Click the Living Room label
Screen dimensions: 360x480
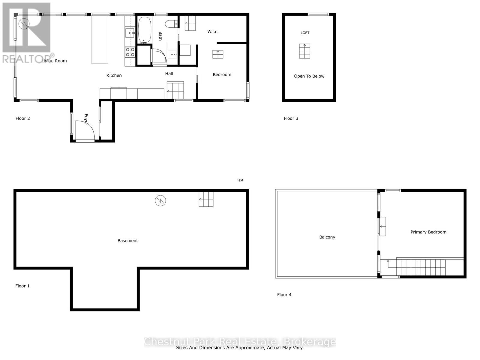(x=54, y=61)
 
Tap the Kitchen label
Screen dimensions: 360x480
(x=114, y=76)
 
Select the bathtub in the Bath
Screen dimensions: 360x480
(x=145, y=30)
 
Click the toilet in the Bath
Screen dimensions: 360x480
(x=171, y=24)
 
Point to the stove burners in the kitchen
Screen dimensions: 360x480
(x=130, y=52)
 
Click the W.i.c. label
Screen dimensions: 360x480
(x=213, y=32)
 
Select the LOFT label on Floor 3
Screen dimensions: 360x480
(x=305, y=33)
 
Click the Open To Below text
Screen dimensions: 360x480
(x=309, y=76)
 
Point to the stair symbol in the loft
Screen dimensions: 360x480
(x=304, y=51)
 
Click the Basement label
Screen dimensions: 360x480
(x=128, y=241)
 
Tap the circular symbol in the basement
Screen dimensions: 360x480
(x=160, y=200)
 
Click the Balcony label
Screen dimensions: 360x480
(x=327, y=237)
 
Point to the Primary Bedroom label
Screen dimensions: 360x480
(x=428, y=232)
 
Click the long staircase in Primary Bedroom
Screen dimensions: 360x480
(x=421, y=267)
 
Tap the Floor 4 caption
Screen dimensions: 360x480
(x=284, y=295)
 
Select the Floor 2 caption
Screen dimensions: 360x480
(x=23, y=118)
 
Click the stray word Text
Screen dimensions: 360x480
(x=240, y=180)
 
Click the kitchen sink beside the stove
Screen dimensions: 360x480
(x=130, y=33)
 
